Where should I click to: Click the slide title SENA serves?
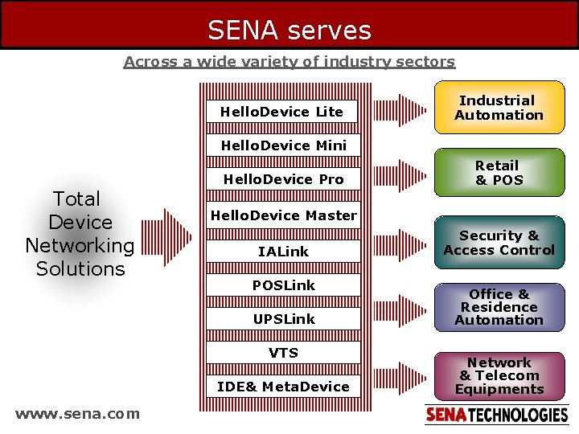289,30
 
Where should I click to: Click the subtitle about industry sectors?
289,62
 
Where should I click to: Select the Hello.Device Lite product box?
282,112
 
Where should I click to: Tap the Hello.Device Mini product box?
283,145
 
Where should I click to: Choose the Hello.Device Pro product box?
283,179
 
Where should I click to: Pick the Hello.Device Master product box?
283,215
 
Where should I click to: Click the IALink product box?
283,252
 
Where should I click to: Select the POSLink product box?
283,285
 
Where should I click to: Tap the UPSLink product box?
283,319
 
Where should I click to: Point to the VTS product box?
283,353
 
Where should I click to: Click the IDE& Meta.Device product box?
283,387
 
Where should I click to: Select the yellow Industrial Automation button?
499,108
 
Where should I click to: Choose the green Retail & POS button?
499,173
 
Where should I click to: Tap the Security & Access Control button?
499,243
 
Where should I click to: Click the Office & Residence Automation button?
499,307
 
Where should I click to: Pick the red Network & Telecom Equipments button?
499,375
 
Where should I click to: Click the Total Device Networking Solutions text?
80,234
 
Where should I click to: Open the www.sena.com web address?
77,414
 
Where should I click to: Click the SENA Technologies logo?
496,415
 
